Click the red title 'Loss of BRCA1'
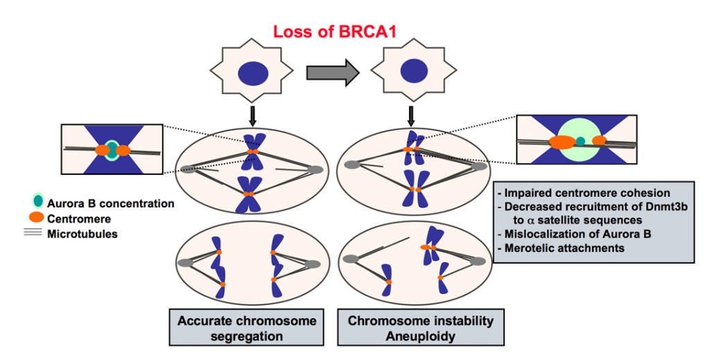pos(335,32)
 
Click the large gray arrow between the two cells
pos(333,72)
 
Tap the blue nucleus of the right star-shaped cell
pos(414,71)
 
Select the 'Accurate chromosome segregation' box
pos(247,327)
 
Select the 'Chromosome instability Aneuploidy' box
pos(421,327)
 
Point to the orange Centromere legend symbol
pos(35,218)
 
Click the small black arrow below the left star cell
pos(253,117)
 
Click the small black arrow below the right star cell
pos(411,117)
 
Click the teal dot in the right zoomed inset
pos(580,142)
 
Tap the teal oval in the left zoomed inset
pos(112,150)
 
